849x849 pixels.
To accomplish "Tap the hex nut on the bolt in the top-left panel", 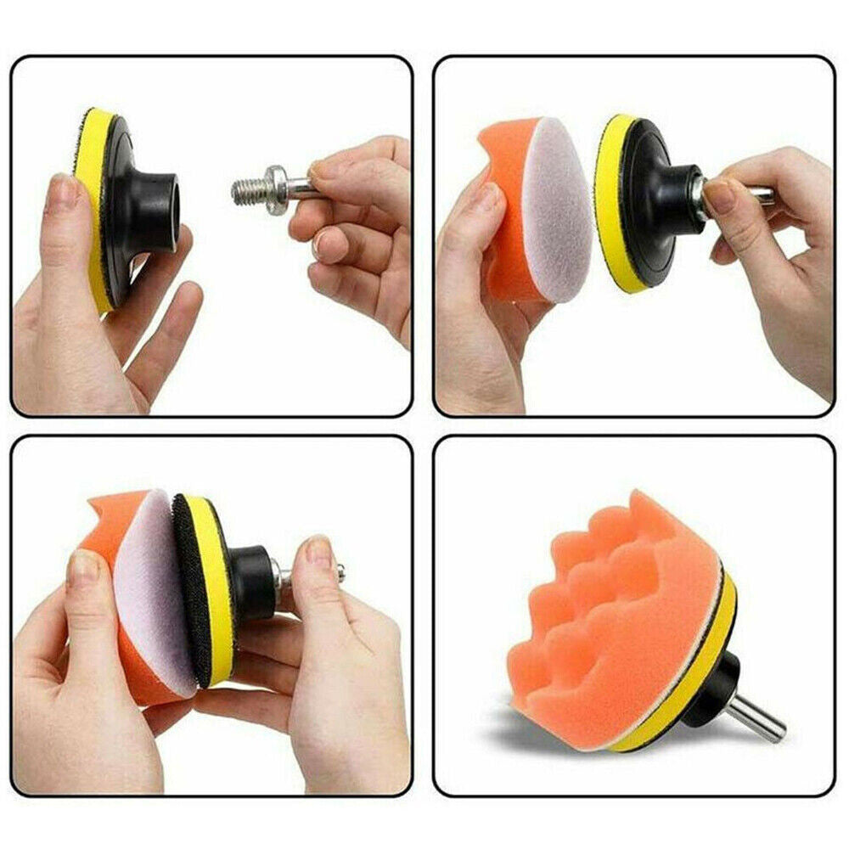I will click(x=273, y=182).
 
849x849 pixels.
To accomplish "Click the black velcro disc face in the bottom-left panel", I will click(x=192, y=594).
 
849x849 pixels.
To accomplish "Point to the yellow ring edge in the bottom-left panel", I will click(x=216, y=586).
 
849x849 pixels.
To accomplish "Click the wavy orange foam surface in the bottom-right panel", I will click(x=620, y=611).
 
